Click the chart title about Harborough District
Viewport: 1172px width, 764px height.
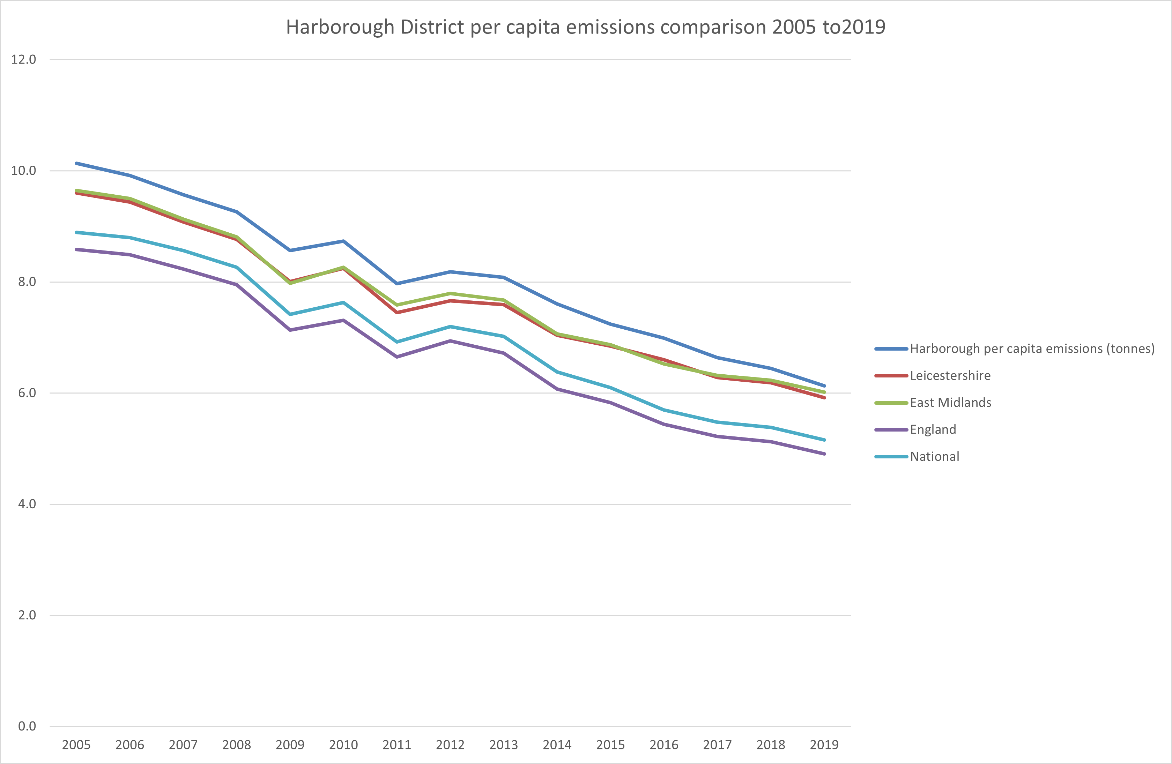(x=586, y=27)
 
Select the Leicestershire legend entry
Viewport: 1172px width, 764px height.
(x=950, y=376)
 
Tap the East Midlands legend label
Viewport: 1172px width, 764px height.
(x=950, y=403)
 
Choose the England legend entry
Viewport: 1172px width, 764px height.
(x=933, y=430)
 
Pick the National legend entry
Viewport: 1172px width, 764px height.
(x=934, y=457)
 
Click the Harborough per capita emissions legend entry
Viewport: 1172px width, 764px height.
(x=1032, y=349)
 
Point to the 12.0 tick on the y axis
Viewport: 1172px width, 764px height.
(x=24, y=60)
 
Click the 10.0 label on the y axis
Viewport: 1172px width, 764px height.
(x=24, y=171)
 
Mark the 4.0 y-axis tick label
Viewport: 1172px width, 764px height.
(x=27, y=504)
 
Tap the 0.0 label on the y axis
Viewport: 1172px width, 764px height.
(x=27, y=726)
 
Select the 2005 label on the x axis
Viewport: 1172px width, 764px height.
(x=76, y=745)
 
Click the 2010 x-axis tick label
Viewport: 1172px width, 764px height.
(x=343, y=745)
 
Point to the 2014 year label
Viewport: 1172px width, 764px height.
(x=557, y=745)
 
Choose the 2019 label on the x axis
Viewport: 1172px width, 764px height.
(x=824, y=745)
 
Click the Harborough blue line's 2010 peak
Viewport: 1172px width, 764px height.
(x=343, y=241)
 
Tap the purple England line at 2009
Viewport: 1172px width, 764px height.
(x=290, y=330)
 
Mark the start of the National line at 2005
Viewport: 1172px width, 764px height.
(x=77, y=232)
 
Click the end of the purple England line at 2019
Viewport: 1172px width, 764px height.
(x=824, y=454)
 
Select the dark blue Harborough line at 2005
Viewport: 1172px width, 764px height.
(x=77, y=163)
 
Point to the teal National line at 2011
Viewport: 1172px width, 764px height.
(x=397, y=342)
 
